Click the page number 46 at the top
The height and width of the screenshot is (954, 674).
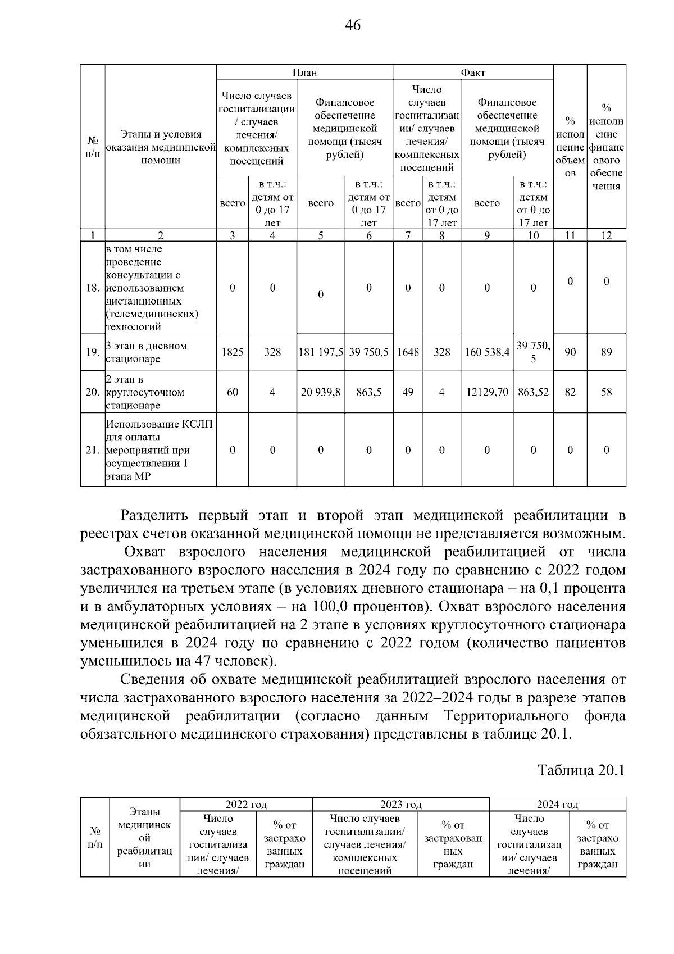pyautogui.click(x=353, y=25)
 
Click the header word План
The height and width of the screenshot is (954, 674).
pyautogui.click(x=304, y=72)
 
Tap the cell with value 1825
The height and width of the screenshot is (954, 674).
pyautogui.click(x=233, y=352)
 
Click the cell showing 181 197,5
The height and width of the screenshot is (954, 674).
pyautogui.click(x=321, y=352)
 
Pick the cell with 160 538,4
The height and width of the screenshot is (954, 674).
pyautogui.click(x=487, y=352)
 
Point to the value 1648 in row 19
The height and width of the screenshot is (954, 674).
pyautogui.click(x=408, y=352)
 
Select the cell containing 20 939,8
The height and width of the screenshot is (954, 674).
pyautogui.click(x=321, y=392)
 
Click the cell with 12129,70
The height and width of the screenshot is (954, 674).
pyautogui.click(x=487, y=392)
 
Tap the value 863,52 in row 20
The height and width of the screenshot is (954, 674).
pyautogui.click(x=533, y=392)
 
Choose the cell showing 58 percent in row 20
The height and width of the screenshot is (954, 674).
pyautogui.click(x=606, y=392)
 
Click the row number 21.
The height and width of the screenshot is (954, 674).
pyautogui.click(x=93, y=450)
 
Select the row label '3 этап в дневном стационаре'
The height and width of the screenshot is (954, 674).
pyautogui.click(x=146, y=352)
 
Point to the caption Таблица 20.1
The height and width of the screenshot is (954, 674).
pyautogui.click(x=581, y=770)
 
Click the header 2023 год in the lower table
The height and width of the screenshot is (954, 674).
pyautogui.click(x=400, y=805)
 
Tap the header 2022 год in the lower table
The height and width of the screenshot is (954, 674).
pyautogui.click(x=246, y=805)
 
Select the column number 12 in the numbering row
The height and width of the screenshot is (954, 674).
pyautogui.click(x=606, y=236)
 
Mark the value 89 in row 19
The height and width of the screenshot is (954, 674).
pyautogui.click(x=606, y=352)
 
